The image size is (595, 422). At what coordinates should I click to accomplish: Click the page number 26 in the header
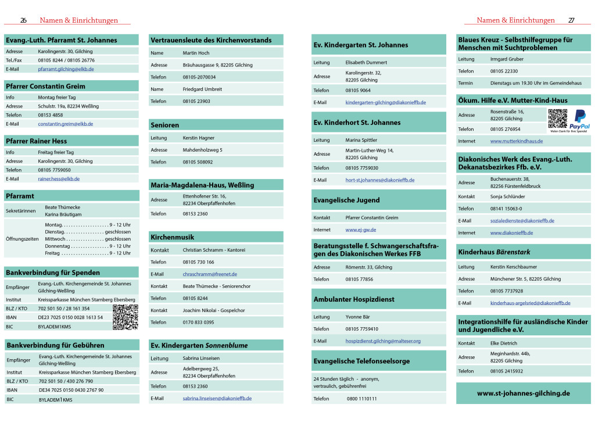23,20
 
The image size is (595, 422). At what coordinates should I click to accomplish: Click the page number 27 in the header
571,20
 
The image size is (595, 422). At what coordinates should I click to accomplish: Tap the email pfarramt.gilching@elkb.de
66,69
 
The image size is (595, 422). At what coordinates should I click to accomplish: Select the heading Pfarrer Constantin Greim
45,86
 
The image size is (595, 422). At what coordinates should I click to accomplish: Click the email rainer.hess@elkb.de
59,178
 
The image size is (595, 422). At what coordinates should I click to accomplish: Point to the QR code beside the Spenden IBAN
125,317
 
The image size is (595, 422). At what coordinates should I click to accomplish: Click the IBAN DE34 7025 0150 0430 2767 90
71,389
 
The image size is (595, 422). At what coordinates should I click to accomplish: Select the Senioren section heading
165,125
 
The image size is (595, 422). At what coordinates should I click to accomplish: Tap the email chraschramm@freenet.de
210,274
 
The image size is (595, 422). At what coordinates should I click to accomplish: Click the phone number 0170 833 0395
198,322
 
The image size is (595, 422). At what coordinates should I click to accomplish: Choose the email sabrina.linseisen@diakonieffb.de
217,398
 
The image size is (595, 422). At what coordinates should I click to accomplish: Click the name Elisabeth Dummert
366,62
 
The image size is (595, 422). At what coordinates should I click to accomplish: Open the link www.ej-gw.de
361,230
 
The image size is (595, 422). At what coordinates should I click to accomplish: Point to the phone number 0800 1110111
361,399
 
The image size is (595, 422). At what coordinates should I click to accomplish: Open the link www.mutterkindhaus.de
517,141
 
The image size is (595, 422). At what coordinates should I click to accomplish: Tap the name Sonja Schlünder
507,196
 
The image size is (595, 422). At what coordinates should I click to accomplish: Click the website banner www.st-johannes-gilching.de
523,394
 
